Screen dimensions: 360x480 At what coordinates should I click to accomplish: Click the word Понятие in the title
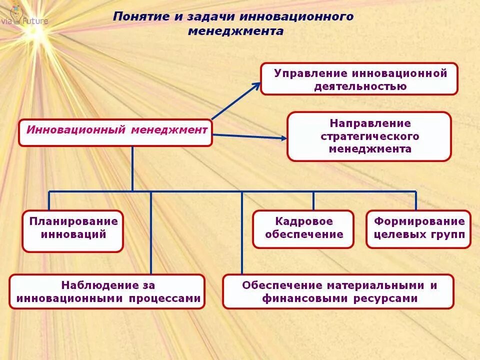coord(141,16)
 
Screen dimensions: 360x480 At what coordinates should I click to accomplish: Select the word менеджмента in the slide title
coord(235,31)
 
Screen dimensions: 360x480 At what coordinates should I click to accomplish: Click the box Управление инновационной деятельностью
coord(359,79)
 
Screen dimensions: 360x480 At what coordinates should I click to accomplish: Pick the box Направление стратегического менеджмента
coord(369,136)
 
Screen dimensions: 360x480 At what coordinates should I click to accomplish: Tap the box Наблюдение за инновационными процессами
coord(107,291)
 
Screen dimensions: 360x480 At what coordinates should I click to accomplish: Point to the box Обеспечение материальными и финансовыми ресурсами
coord(338,291)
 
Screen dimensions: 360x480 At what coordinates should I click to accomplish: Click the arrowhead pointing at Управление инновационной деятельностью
coord(256,85)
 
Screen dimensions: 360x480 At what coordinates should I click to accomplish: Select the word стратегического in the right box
coord(369,136)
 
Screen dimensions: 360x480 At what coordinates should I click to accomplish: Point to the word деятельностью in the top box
coord(360,86)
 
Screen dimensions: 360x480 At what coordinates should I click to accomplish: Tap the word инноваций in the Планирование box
coord(73,234)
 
